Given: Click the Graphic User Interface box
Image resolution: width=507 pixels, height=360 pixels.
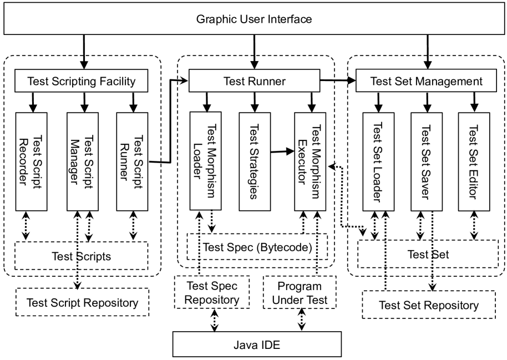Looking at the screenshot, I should (x=254, y=19).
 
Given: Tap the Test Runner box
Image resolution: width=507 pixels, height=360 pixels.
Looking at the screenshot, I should (x=254, y=82).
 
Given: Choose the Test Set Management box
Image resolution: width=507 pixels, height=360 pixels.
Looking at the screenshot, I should (x=426, y=82).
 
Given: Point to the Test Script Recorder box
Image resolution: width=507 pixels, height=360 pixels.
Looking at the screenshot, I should (x=32, y=161).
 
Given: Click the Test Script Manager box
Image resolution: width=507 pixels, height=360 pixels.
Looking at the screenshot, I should (x=83, y=161).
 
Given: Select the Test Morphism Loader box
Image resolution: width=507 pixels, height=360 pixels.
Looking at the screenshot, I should (x=205, y=161).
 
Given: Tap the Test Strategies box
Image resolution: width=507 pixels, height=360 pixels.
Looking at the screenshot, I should (x=254, y=161).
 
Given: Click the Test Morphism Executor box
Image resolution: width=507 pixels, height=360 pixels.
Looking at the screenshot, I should (x=311, y=161).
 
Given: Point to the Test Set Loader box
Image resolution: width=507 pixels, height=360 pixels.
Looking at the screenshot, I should (x=379, y=161).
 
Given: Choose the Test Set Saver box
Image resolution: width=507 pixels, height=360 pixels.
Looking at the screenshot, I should (x=427, y=161).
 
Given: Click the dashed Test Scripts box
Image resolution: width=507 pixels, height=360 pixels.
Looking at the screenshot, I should (x=82, y=256).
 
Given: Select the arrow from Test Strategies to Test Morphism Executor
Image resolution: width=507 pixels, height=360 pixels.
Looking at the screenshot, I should (x=281, y=151).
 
